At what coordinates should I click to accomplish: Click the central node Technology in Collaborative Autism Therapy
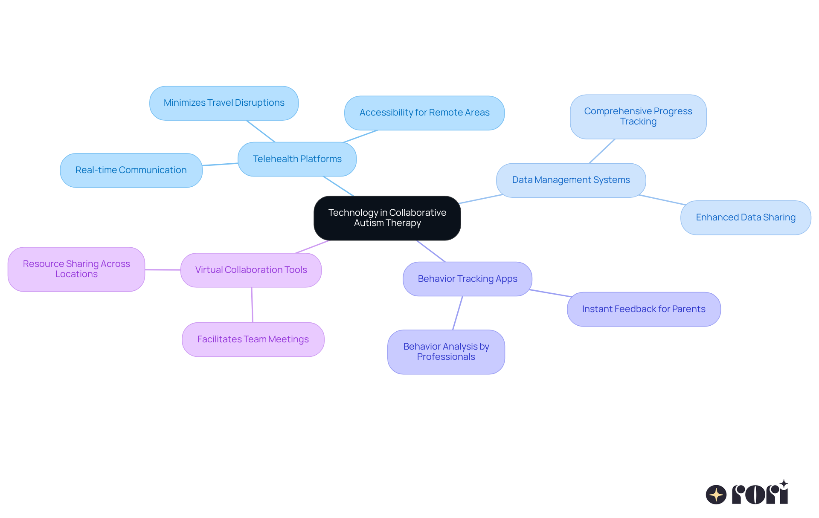(387, 218)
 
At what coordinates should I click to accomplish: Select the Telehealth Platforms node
(297, 159)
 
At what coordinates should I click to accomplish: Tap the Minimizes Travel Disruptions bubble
(224, 103)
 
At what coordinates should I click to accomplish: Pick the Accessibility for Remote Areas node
(424, 113)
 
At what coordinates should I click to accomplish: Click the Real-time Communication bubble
(131, 170)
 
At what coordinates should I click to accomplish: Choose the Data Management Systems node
(571, 180)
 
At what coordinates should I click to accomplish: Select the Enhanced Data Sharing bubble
(746, 217)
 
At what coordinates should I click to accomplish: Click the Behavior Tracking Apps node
(467, 279)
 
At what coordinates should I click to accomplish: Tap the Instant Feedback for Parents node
(643, 309)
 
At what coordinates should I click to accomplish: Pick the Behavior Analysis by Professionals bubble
(446, 352)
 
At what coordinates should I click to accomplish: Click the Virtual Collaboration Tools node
(251, 270)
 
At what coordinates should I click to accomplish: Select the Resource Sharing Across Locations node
(76, 269)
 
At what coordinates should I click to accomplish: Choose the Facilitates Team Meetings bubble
(253, 339)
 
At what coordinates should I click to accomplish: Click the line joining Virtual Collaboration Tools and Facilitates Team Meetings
(252, 305)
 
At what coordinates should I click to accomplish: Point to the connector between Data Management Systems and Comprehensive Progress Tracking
(602, 151)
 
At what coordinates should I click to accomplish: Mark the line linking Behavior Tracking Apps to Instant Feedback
(550, 293)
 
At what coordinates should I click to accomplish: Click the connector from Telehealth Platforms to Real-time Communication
(220, 164)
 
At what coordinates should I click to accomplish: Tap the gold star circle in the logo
(716, 495)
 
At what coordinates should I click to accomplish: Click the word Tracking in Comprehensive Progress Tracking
(638, 122)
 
